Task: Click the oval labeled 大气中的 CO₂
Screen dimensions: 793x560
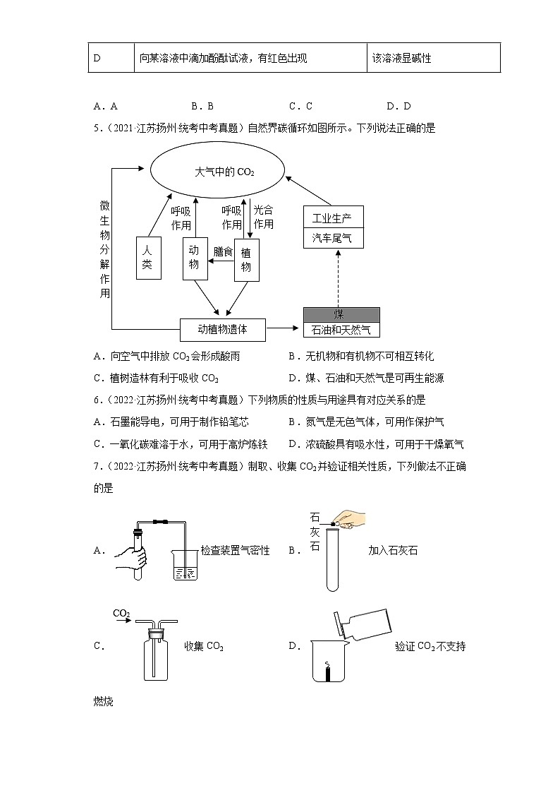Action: click(217, 172)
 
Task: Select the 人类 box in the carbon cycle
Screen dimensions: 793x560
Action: click(147, 258)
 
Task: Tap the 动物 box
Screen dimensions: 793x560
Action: click(195, 258)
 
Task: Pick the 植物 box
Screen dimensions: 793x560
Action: click(246, 260)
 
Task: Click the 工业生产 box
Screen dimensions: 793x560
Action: click(332, 217)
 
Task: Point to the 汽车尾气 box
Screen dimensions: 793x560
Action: click(332, 238)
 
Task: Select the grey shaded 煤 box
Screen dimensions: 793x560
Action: click(341, 314)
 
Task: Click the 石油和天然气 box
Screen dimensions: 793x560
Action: click(341, 329)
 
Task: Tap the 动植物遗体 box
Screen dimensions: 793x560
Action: click(222, 328)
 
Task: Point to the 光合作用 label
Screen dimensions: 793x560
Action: click(263, 217)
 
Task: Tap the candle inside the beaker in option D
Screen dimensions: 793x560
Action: click(327, 672)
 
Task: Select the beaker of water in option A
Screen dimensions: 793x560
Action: click(185, 568)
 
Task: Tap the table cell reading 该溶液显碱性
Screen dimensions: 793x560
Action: click(433, 58)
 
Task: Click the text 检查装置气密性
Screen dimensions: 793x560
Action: click(235, 550)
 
